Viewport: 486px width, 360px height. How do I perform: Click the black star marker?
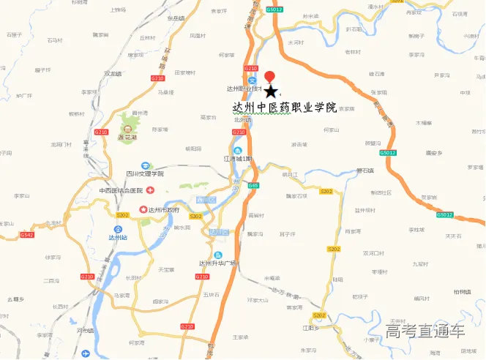pos(271,91)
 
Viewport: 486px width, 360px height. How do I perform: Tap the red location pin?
pos(270,77)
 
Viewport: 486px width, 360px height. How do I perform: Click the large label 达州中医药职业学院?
pos(284,107)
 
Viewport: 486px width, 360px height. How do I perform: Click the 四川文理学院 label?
pos(145,174)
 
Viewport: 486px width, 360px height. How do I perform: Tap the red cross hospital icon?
pos(149,190)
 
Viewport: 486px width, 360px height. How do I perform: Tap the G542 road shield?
pos(27,235)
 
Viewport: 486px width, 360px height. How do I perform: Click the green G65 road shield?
pos(253,186)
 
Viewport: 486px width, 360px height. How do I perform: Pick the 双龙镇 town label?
pos(112,73)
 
